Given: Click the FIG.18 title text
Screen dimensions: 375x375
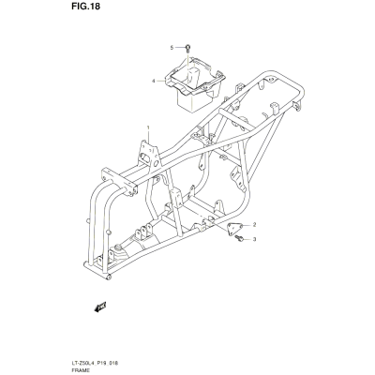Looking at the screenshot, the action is [x=85, y=7].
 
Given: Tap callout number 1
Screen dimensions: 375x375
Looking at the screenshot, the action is [x=148, y=127].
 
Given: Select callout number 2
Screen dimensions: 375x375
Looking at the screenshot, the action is [x=254, y=224].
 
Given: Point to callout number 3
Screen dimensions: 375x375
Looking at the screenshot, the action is [x=254, y=239].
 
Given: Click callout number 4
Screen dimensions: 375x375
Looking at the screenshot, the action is [x=154, y=81].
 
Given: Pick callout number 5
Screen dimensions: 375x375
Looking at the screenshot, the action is [x=172, y=48].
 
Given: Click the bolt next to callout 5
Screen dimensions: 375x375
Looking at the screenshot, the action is [x=187, y=48].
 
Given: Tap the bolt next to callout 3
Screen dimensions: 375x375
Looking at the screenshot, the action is [x=240, y=238].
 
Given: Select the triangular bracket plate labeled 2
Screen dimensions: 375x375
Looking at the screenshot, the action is [x=234, y=229].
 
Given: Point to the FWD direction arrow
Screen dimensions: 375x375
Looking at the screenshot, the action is [x=100, y=307].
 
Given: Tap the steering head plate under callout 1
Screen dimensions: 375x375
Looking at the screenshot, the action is [x=149, y=156].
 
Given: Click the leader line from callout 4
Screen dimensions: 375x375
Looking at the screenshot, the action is [x=160, y=81].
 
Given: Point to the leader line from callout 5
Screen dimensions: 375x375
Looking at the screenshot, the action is [x=179, y=48].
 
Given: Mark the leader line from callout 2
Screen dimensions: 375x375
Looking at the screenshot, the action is [x=247, y=225].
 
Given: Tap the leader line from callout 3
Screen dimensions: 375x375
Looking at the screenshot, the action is [x=247, y=239].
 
